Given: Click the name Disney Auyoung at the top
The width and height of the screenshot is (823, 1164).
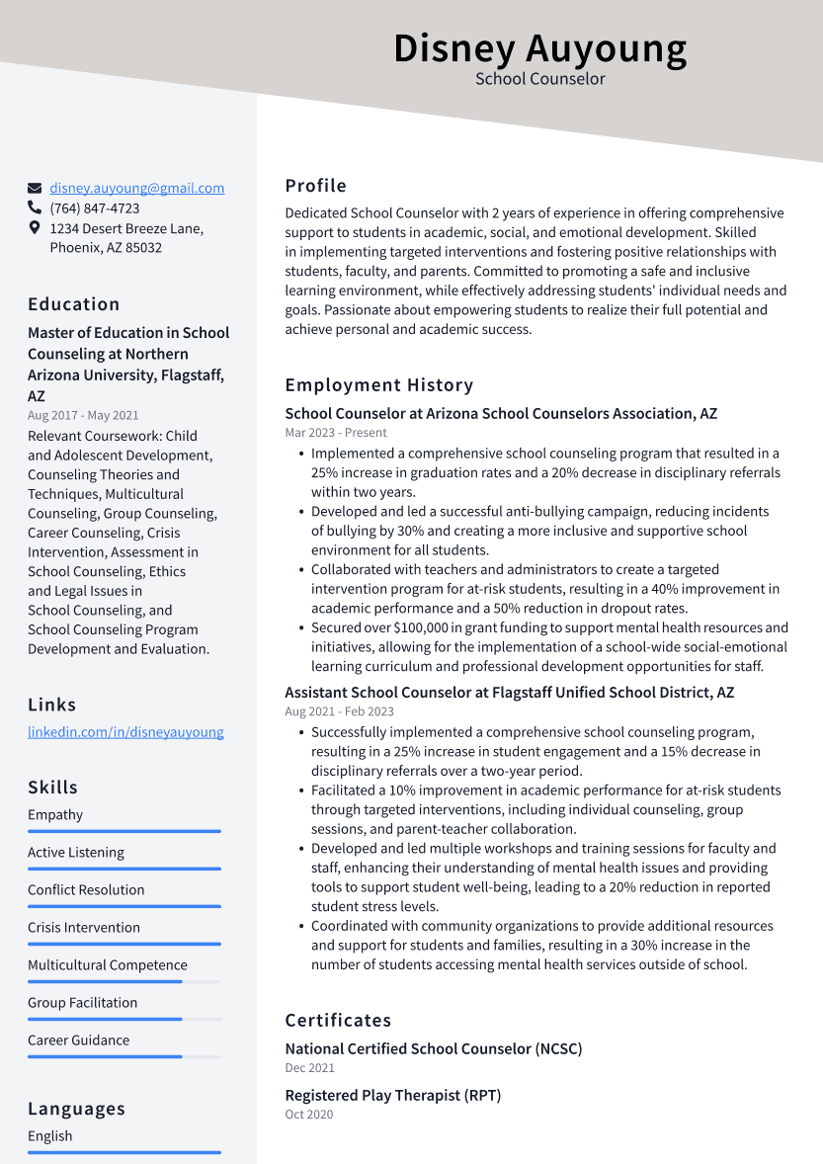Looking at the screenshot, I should coord(539,48).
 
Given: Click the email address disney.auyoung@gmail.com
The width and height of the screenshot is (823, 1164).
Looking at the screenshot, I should coord(137,188).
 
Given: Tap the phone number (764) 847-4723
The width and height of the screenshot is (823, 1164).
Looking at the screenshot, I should coord(95,208).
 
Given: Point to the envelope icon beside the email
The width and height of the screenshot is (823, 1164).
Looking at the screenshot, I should coord(35,188).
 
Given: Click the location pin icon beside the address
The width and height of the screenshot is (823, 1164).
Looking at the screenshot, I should coord(35,228).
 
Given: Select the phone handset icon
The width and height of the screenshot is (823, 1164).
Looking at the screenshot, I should coord(35,208).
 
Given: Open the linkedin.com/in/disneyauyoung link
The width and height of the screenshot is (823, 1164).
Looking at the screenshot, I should coord(125,732).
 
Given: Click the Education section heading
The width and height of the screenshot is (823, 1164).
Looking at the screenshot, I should coord(74,304).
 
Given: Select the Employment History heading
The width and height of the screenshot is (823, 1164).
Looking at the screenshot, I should coord(379,385).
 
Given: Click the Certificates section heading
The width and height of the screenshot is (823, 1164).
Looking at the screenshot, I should coord(338,1021).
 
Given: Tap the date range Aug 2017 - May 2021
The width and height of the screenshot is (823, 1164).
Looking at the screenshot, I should coord(83,416).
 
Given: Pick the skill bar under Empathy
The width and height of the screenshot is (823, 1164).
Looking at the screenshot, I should coord(124,831).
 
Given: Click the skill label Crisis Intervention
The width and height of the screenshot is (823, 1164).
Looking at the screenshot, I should coord(84,928).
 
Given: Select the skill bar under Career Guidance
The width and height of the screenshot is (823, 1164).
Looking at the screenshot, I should coord(124,1056).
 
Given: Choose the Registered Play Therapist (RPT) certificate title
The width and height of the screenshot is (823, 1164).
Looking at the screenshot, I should coord(393,1096).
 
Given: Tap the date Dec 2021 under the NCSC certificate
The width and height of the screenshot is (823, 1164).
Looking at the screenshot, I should coord(309,1068).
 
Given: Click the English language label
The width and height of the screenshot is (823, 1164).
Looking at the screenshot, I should coord(50,1136).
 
